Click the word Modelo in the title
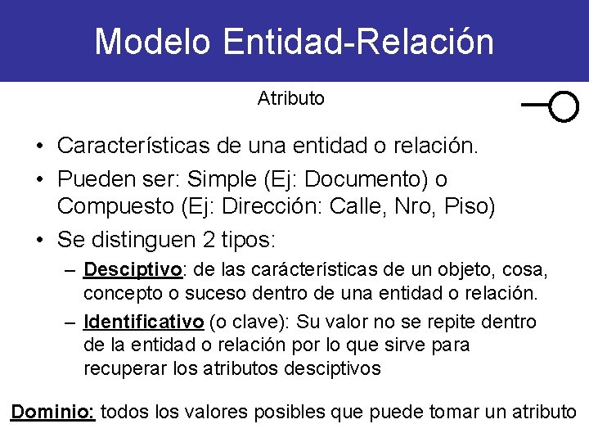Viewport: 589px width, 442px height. click(155, 42)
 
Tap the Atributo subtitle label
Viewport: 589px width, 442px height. click(290, 99)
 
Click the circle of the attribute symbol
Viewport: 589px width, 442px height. click(564, 106)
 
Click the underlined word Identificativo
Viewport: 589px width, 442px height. click(144, 322)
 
